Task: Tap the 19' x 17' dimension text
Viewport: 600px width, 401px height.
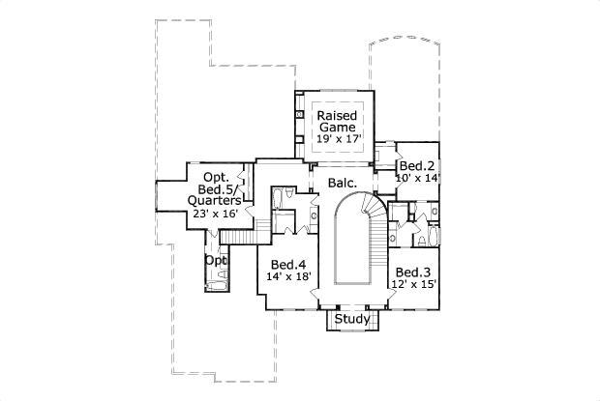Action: coord(339,139)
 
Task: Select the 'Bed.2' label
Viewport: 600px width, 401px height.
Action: coord(417,165)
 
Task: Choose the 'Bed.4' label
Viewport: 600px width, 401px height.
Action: coord(288,264)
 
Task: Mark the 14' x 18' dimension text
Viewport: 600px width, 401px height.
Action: coord(288,276)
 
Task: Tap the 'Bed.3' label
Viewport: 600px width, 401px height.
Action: coord(413,272)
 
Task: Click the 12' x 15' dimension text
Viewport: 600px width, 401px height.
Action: coord(413,284)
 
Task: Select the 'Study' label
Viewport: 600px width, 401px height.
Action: coord(349,318)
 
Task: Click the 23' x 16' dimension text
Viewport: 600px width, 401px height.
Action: coord(215,214)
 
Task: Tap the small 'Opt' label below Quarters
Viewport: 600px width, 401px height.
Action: coord(215,261)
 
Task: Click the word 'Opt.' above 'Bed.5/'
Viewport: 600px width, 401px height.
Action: coord(215,177)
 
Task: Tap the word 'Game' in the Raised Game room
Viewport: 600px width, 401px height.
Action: coord(339,127)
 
